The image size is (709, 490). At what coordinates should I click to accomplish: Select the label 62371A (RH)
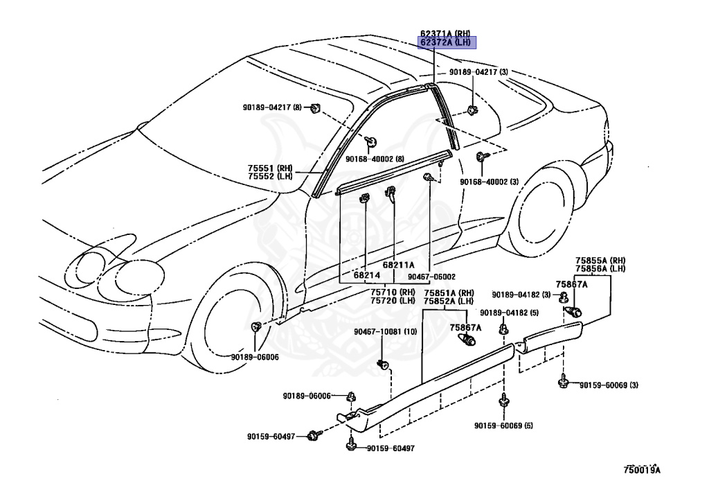pos(446,33)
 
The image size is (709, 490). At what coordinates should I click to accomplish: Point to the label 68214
pos(367,275)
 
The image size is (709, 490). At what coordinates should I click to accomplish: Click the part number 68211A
pos(398,265)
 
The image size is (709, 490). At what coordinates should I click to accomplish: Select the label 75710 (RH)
pos(393,292)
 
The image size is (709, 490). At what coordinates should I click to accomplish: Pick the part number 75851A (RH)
pos(448,292)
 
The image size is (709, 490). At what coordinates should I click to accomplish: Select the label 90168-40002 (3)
pos(490,182)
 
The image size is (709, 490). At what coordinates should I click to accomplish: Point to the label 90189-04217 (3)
pos(478,72)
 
